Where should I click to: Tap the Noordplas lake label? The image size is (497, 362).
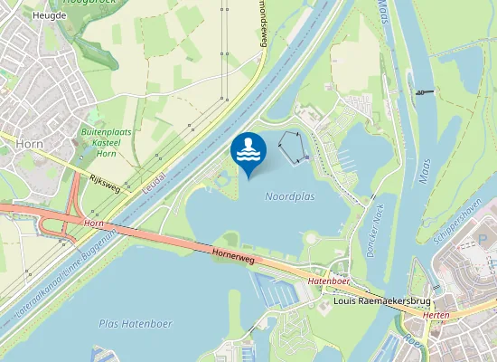coord(289,196)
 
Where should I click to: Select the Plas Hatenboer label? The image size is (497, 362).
coord(136,323)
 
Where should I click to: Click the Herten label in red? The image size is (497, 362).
coord(436,315)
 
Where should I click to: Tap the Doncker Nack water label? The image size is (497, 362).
coord(378,232)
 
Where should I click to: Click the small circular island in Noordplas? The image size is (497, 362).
coord(311,240)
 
